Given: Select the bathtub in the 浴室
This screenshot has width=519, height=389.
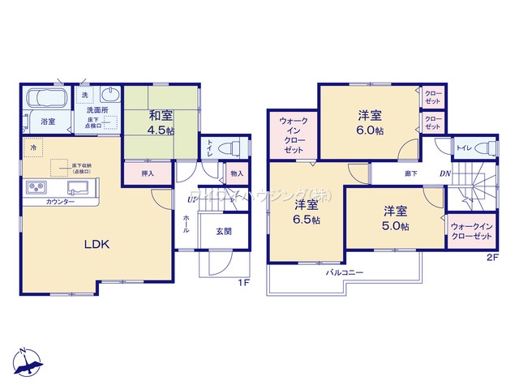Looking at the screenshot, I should [x=49, y=99].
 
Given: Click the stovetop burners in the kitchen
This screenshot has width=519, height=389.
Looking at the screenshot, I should [x=38, y=187].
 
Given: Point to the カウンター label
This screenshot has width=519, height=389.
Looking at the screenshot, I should [x=61, y=201].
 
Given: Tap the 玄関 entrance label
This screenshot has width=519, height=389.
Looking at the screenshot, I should [x=223, y=230].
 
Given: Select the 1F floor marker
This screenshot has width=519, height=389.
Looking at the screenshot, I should [x=242, y=282].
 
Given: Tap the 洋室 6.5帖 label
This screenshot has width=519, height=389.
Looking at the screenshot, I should [x=306, y=211].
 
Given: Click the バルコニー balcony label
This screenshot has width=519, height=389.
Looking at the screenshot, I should [x=345, y=273].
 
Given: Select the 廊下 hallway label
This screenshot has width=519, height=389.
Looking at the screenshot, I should [x=411, y=173].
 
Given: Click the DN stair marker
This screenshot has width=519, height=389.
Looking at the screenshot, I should [x=445, y=173].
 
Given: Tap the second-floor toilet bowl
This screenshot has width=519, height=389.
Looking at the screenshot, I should [x=483, y=148].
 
